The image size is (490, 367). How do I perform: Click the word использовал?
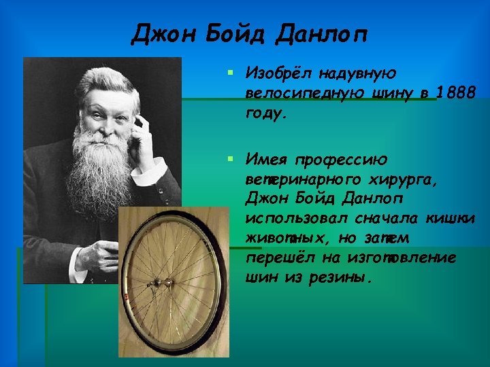[297, 219]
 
